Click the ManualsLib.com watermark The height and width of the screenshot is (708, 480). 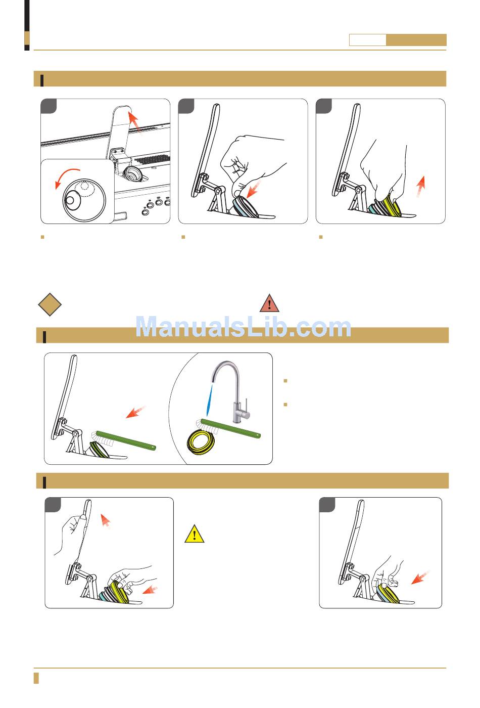[x=243, y=327]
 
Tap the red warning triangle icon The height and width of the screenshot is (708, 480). [x=269, y=303]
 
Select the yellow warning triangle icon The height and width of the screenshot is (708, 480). [x=195, y=534]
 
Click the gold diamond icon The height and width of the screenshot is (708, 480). [x=50, y=304]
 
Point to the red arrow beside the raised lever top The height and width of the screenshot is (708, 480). [x=134, y=122]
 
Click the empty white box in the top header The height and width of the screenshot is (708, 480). [x=368, y=40]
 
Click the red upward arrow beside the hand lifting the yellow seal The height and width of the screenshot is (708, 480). [x=421, y=187]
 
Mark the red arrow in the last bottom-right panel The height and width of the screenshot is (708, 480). [x=420, y=577]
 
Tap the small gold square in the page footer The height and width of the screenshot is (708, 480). [x=36, y=678]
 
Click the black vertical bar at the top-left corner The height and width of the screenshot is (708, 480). [x=27, y=25]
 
